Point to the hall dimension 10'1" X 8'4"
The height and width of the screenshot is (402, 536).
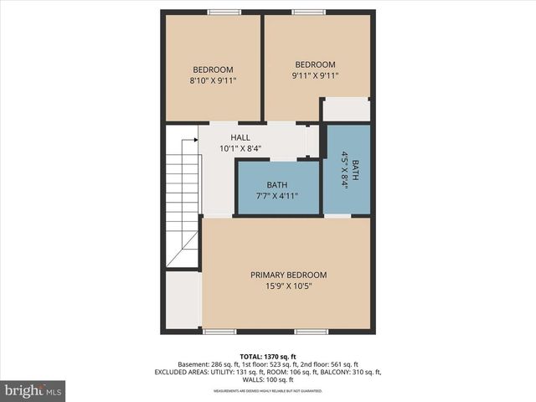point(240,148)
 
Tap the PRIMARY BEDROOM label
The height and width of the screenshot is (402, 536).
point(288,275)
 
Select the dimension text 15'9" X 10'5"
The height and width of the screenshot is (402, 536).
point(288,286)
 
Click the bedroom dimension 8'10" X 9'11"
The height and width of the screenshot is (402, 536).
point(213,81)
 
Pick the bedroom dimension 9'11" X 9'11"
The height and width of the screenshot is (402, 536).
point(315,75)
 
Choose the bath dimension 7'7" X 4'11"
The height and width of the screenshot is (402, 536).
point(276,196)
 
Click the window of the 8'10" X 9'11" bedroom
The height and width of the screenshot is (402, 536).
point(224,12)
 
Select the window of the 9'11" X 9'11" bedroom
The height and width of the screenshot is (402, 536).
point(309,12)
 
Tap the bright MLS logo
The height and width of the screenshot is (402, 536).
point(33,390)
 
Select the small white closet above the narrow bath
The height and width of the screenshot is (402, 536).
point(346,110)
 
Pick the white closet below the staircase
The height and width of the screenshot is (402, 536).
point(182,300)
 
